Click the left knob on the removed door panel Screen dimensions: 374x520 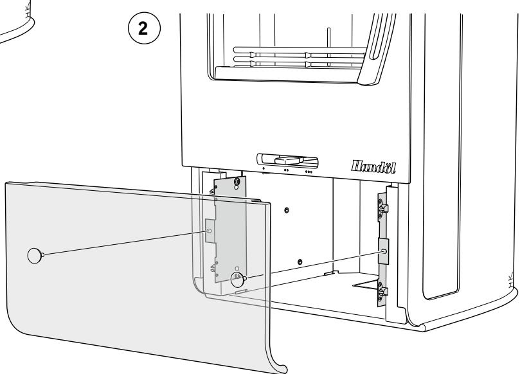(x=35, y=255)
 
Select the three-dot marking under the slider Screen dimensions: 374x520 (x=309, y=172)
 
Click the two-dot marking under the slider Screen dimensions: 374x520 (x=285, y=172)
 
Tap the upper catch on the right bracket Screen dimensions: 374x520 (x=383, y=209)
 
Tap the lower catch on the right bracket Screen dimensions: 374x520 (x=383, y=293)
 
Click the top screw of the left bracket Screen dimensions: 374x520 (x=238, y=183)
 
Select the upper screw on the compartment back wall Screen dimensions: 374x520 (x=286, y=210)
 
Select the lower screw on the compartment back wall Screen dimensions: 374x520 (x=300, y=262)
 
